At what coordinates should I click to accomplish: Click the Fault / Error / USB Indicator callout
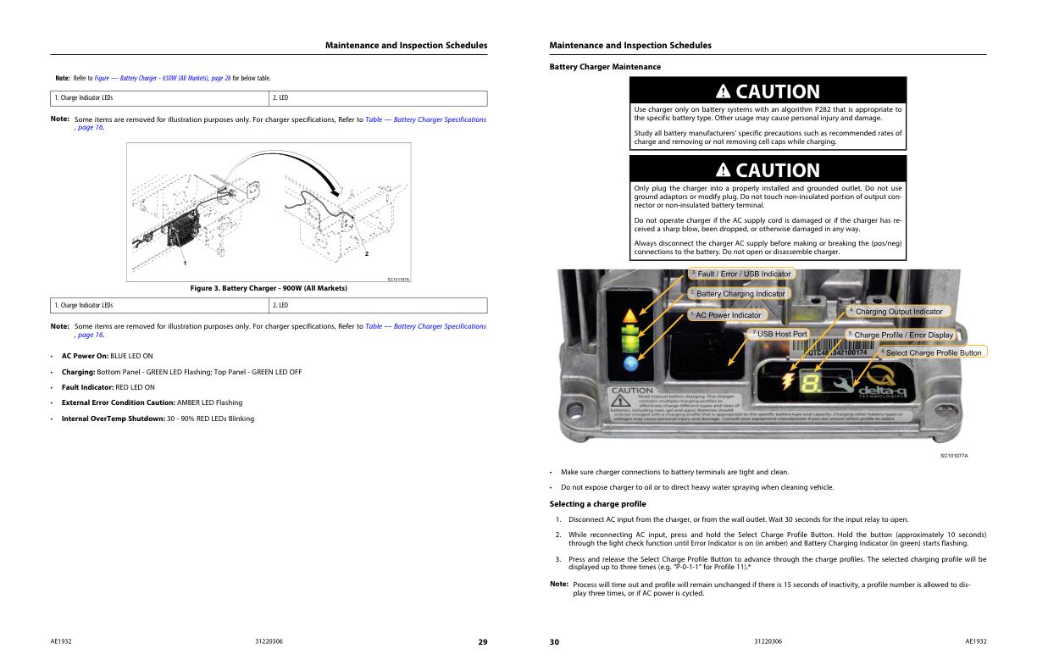(740, 274)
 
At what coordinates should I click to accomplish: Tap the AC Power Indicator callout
(724, 315)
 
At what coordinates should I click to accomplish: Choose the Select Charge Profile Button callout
(930, 352)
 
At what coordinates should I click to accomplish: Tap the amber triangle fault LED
(629, 318)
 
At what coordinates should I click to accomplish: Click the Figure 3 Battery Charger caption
(269, 288)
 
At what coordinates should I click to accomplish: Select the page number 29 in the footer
(482, 642)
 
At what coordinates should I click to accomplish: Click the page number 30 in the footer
(554, 642)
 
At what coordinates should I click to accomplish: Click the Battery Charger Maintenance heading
(605, 66)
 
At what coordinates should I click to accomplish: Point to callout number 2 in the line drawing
(366, 253)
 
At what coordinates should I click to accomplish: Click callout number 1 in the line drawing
(185, 263)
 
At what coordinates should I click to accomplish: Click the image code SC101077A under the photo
(954, 456)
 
